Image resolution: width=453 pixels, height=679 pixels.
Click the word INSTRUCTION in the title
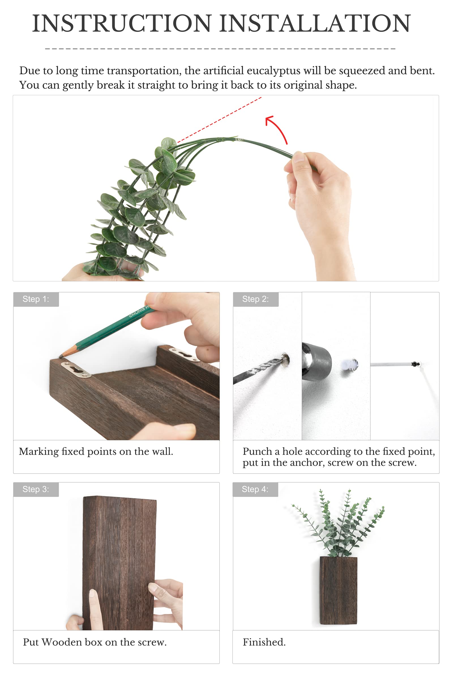122,24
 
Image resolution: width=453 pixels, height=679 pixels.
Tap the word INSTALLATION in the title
315,24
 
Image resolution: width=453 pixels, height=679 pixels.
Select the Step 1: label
36,299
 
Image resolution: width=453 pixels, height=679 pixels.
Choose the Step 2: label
255,299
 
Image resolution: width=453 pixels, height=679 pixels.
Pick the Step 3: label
36,489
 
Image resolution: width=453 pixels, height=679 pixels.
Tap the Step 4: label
255,489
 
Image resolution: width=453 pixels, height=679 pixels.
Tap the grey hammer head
316,362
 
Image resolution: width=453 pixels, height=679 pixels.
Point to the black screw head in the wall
415,364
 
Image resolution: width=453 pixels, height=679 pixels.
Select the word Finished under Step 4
264,642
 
